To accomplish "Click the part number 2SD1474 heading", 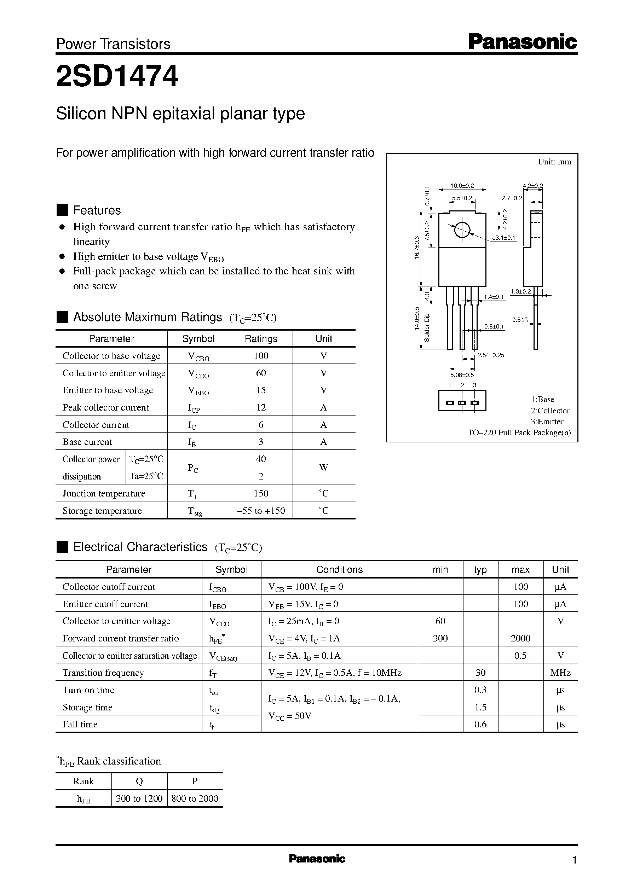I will (117, 76).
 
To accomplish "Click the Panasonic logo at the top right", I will (522, 42).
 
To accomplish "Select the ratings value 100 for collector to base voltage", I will (261, 355).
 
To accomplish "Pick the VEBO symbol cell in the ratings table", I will (198, 390).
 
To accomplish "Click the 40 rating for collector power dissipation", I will (261, 459).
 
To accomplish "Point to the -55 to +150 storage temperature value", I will (261, 510).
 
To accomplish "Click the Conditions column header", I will (339, 569).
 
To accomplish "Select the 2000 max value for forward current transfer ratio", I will (520, 638).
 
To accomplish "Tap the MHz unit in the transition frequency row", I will (560, 672).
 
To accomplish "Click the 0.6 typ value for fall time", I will (480, 724).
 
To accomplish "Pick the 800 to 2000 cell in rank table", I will (195, 798).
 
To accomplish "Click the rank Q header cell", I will (139, 781).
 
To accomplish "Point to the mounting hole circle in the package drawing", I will (462, 230).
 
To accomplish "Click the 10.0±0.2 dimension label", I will (462, 186).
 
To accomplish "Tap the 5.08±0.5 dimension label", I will (462, 374).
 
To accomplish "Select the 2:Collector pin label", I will (550, 411).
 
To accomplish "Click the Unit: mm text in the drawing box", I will (554, 162).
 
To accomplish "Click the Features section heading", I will (97, 210).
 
